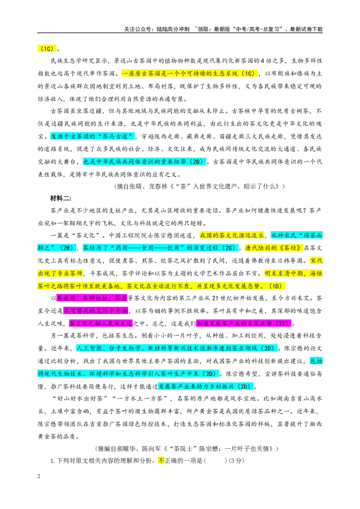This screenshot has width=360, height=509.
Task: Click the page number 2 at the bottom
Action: point(39,476)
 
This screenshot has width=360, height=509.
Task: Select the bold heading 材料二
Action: point(61,198)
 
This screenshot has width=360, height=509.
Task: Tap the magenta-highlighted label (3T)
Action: point(282,324)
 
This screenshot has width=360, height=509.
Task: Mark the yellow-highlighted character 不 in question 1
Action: point(161,460)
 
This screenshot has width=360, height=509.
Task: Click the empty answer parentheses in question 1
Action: point(215,460)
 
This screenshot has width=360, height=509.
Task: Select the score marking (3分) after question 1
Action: point(236,460)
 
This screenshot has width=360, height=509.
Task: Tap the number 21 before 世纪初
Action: point(215,298)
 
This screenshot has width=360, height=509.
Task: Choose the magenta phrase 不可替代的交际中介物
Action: point(96,311)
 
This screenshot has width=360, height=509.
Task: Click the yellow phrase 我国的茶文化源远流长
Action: point(232,235)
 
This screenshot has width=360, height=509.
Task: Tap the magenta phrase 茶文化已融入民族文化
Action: point(101,324)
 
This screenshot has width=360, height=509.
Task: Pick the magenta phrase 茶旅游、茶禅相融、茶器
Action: point(92,298)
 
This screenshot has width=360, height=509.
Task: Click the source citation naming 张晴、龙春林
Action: point(200,186)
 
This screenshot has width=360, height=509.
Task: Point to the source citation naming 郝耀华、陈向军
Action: point(187,449)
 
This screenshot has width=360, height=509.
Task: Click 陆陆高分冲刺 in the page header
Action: point(173,29)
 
